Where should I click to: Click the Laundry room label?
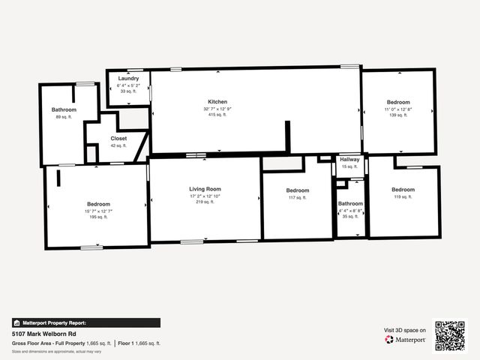[128, 79]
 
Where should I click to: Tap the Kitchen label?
[217, 102]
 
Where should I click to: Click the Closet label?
[118, 139]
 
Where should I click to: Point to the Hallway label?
[350, 160]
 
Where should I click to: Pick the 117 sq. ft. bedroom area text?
[298, 197]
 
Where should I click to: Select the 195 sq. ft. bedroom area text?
[98, 217]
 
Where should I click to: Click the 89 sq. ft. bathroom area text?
[64, 117]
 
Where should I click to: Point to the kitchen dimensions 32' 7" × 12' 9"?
[217, 109]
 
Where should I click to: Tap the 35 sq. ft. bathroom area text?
[350, 217]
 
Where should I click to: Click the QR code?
[450, 336]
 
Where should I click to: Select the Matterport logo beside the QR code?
[406, 340]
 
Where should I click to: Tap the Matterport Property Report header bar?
[85, 322]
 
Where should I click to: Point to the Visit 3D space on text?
[405, 330]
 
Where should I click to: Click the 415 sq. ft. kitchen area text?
[217, 115]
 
